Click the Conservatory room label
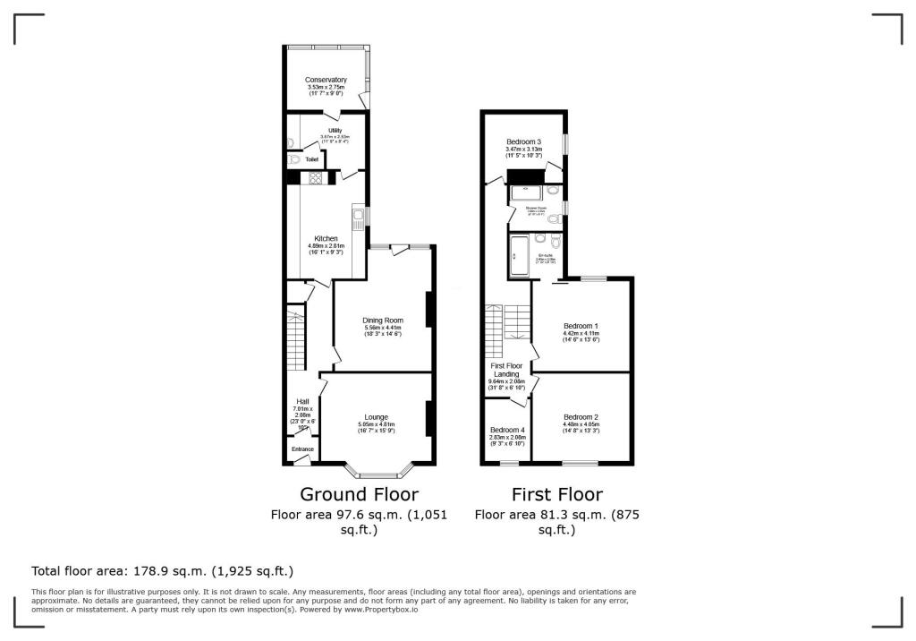[326, 80]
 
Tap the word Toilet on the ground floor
[312, 160]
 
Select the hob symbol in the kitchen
[316, 178]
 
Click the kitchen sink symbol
[358, 216]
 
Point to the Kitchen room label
[326, 238]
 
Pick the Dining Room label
[383, 320]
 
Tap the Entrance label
[302, 449]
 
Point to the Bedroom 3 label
[523, 141]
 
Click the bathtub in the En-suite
[519, 256]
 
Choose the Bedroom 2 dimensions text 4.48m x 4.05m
[581, 425]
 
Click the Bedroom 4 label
[508, 431]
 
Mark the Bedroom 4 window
[509, 464]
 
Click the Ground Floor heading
[359, 494]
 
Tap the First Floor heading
[556, 494]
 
